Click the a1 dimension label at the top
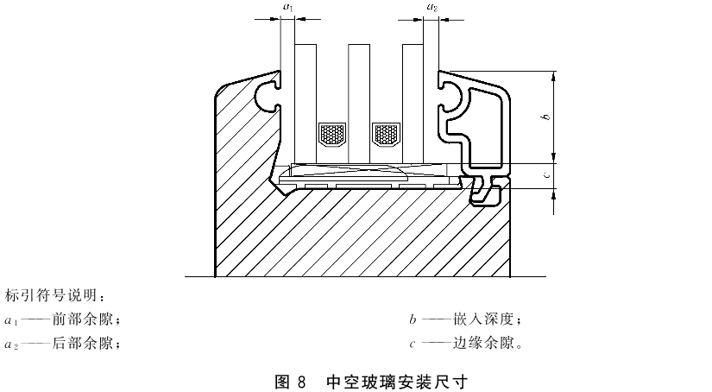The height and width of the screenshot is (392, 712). click(288, 7)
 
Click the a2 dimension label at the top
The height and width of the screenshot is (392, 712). click(432, 7)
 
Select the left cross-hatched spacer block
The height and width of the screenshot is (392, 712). click(332, 134)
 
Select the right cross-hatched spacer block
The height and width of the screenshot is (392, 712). click(386, 134)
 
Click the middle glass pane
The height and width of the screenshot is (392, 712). click(359, 104)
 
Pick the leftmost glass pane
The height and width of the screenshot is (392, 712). click(306, 104)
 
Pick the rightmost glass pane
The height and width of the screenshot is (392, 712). click(413, 104)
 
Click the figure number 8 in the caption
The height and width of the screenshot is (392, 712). click(302, 382)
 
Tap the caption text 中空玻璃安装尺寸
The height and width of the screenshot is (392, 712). click(397, 382)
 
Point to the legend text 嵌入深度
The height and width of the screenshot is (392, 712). click(483, 319)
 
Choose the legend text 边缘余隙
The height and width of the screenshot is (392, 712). click(483, 343)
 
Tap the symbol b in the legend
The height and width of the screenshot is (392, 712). click(413, 319)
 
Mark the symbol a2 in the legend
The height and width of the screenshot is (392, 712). click(11, 345)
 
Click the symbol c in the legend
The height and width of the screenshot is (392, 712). click(413, 345)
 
